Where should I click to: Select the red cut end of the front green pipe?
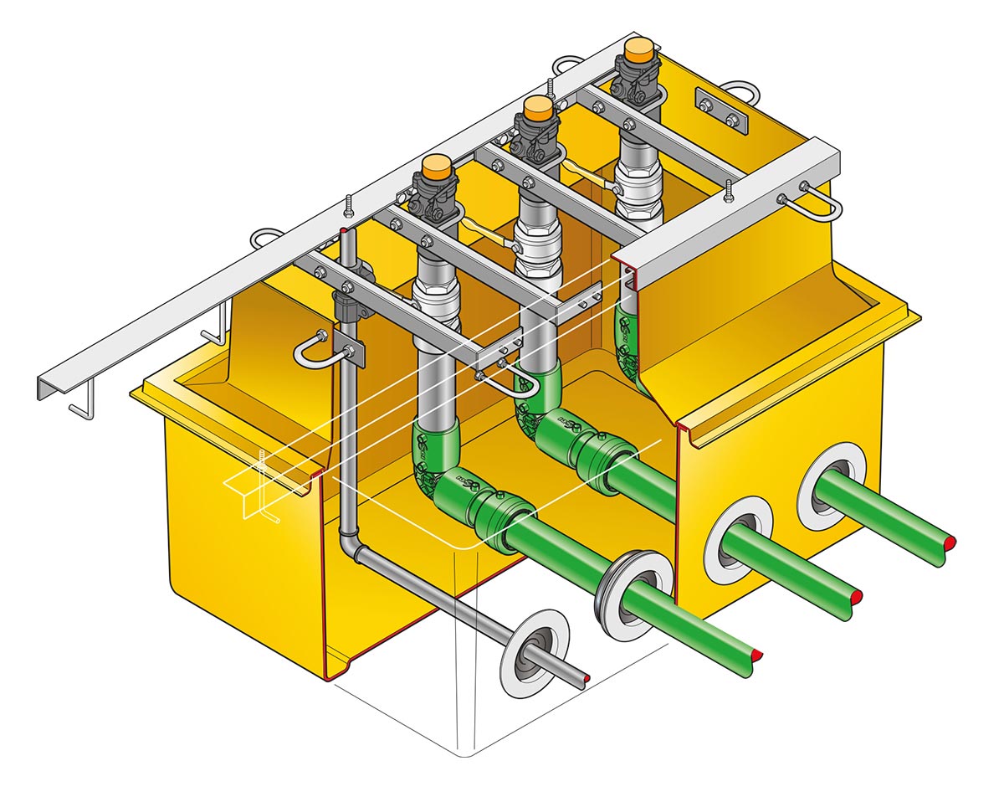click(x=756, y=651)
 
